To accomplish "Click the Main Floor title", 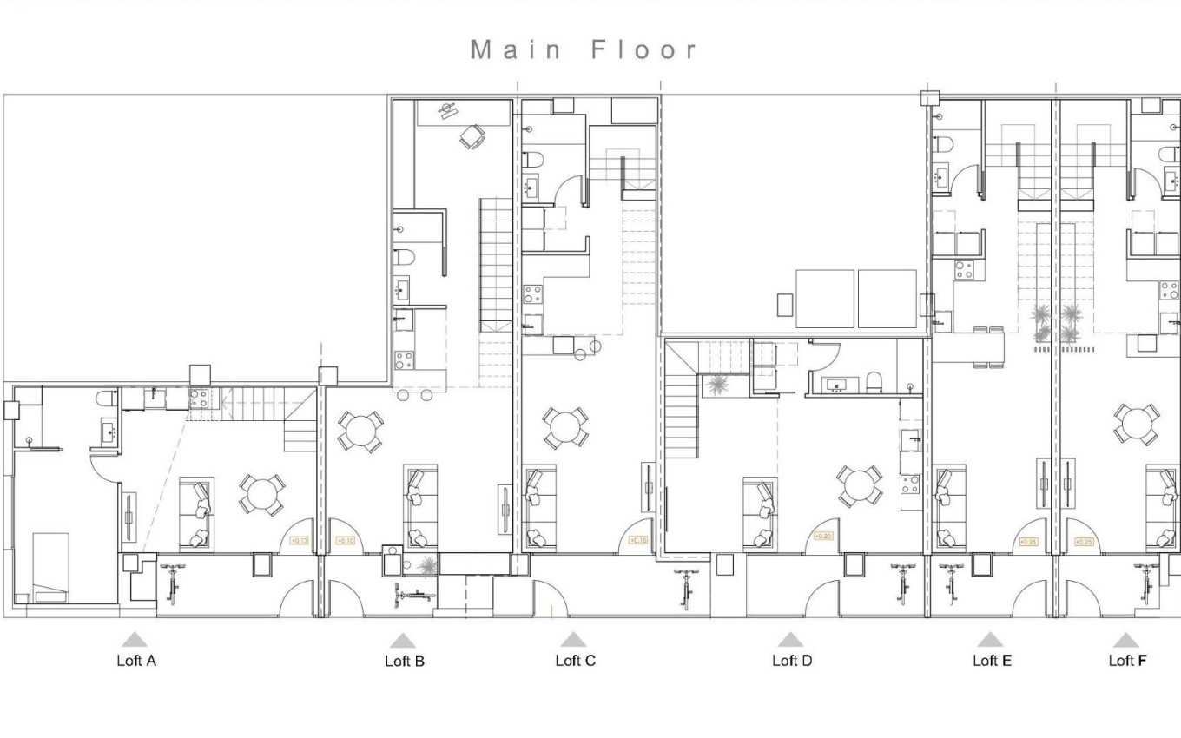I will [x=584, y=49].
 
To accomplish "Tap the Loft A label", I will [x=136, y=661].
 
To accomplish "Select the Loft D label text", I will [x=791, y=661].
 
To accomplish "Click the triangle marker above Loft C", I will [x=573, y=641].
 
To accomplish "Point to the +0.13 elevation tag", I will [x=298, y=541].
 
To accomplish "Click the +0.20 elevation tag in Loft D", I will [x=822, y=537].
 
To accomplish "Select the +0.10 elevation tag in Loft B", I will [x=345, y=541].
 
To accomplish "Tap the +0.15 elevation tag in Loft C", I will [x=638, y=540].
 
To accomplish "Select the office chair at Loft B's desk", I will [x=472, y=136].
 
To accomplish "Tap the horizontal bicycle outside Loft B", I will [x=415, y=596].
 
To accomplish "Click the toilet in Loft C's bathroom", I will [x=534, y=159].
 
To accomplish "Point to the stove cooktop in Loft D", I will [x=910, y=483].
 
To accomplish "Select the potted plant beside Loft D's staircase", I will [x=717, y=385].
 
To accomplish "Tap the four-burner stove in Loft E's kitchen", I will [x=964, y=270].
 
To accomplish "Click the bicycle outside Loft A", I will [x=173, y=584].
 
